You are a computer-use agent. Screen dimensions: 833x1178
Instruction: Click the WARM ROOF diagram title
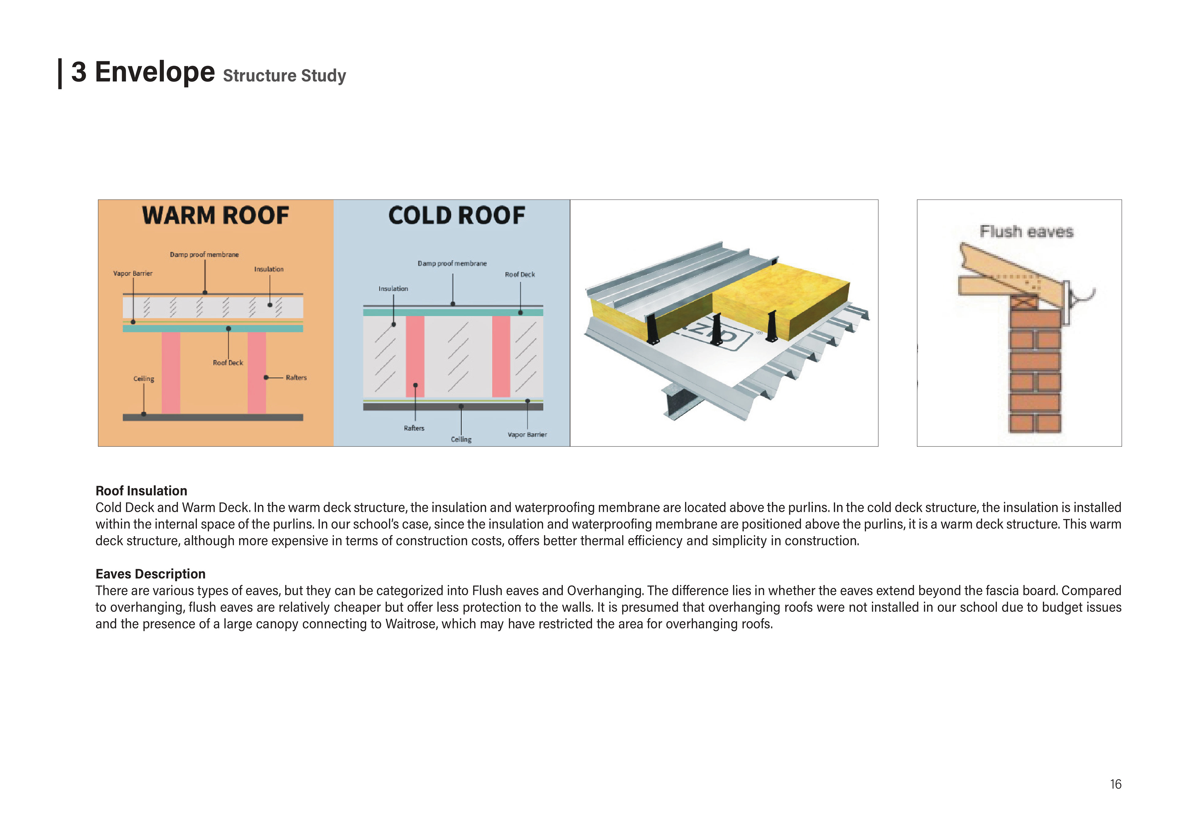pos(215,216)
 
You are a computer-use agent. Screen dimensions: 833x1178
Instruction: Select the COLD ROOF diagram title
pos(457,216)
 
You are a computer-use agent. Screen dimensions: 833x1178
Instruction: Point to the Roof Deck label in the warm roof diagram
pos(228,363)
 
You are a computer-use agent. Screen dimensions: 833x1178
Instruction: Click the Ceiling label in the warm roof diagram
pos(144,379)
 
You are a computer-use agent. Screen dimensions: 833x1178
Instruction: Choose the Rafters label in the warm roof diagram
pos(296,378)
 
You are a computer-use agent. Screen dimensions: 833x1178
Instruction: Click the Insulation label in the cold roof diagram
pos(393,289)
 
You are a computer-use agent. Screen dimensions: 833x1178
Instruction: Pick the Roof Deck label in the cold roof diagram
pos(520,275)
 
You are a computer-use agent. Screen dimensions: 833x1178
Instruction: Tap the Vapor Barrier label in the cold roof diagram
pos(527,435)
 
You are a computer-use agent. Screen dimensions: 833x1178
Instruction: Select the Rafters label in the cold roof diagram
pos(414,428)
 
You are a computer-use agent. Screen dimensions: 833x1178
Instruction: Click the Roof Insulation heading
pos(141,491)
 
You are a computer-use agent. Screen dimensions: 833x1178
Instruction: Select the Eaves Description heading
pos(150,574)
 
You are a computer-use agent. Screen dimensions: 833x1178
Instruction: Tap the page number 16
pos(1115,784)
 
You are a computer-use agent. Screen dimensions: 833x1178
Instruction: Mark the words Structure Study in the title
pos(284,76)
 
